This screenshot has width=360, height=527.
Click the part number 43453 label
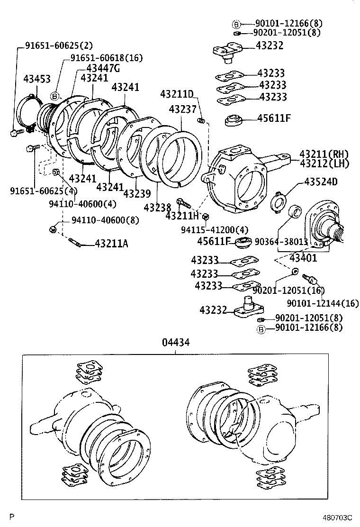tap(37, 80)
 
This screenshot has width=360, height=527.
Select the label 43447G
tap(103, 68)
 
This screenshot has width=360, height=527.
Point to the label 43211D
tap(177, 94)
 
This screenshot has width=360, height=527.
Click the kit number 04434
tap(175, 341)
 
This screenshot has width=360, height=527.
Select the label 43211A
tap(111, 244)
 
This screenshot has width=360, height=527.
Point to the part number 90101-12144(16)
tap(323, 303)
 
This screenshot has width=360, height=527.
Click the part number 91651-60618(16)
tap(107, 58)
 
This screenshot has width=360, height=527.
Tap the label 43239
tap(137, 194)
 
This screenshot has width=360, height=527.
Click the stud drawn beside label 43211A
tap(76, 244)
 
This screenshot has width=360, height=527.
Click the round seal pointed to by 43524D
tap(279, 202)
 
